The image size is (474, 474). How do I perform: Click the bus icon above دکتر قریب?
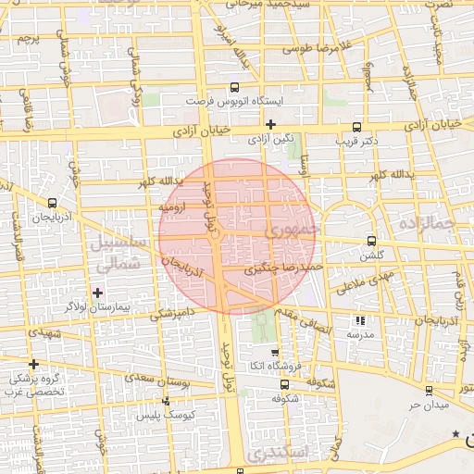(x=357, y=128)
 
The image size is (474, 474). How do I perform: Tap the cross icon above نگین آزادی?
(x=270, y=124)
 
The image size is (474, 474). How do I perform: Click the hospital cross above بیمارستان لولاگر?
(x=98, y=293)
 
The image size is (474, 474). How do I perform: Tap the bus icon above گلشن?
(x=372, y=240)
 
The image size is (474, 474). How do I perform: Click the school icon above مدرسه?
(x=359, y=320)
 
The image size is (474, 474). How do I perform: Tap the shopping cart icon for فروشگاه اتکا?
(x=274, y=353)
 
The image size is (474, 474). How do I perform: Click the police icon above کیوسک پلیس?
(x=166, y=400)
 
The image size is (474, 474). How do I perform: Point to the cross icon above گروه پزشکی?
(x=33, y=365)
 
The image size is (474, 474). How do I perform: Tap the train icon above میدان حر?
(x=428, y=392)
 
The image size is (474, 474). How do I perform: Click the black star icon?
(x=455, y=433)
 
